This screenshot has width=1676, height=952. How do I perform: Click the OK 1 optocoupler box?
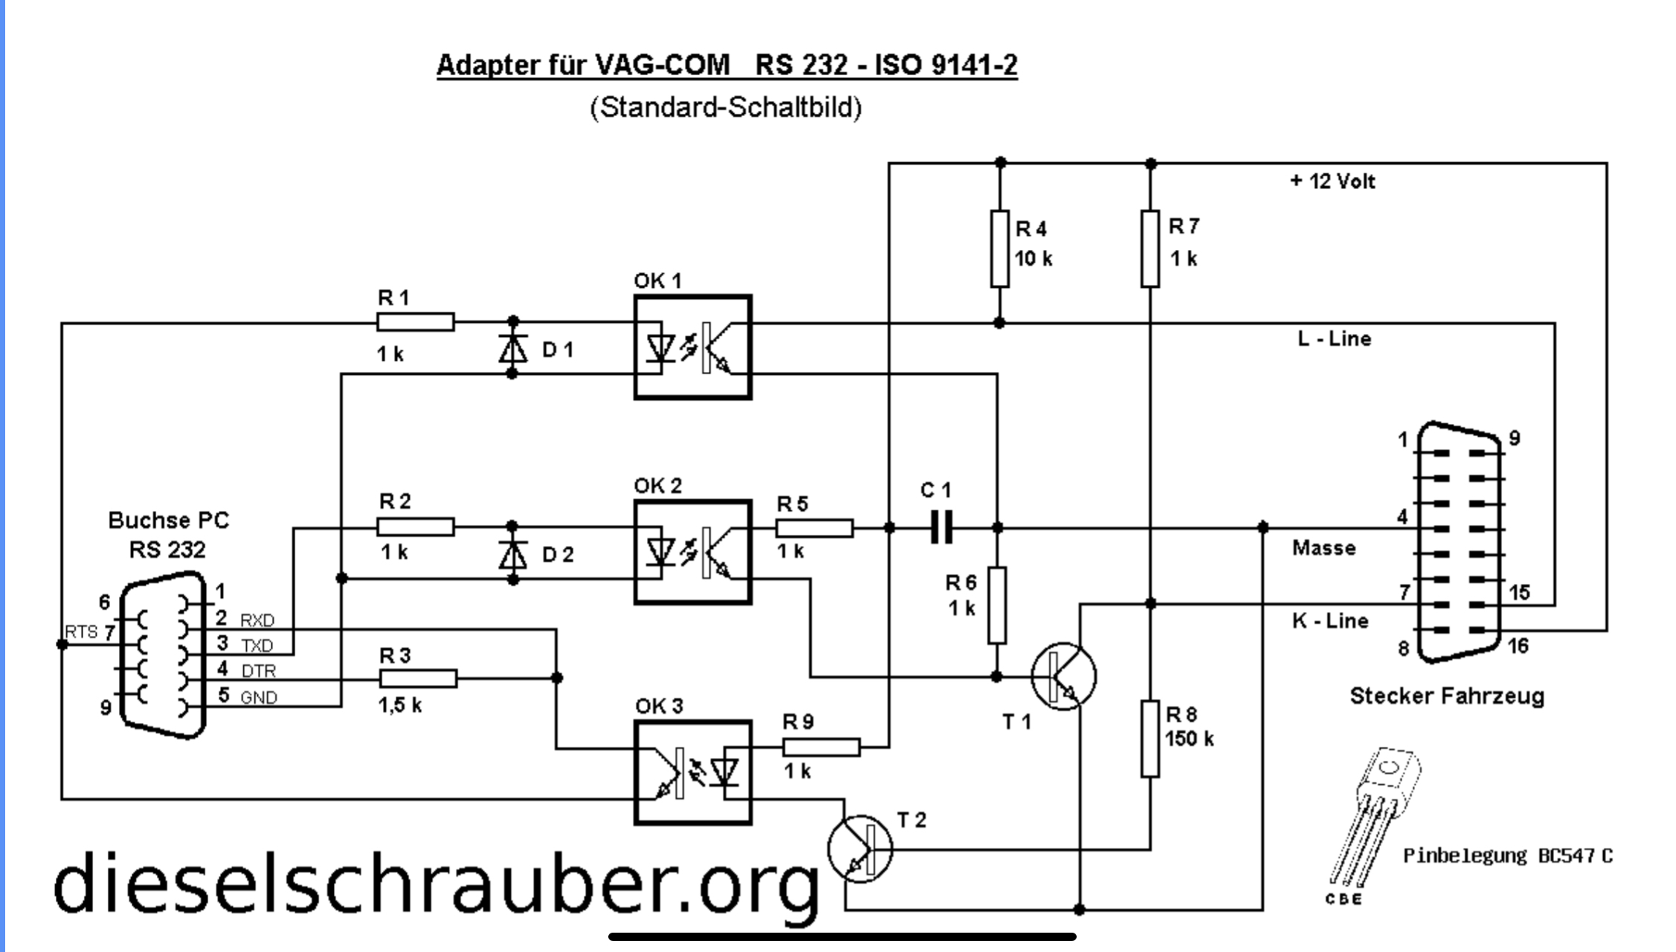tap(692, 347)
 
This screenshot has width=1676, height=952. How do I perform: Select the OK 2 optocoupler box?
tap(692, 552)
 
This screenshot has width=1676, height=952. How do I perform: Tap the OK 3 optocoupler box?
tap(692, 772)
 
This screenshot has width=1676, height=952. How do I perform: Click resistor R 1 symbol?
tap(415, 322)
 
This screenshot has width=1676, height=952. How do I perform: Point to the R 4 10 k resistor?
tap(999, 248)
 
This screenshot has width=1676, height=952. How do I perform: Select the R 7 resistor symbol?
tap(1150, 248)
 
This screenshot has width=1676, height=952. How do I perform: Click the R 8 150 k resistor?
tap(1150, 738)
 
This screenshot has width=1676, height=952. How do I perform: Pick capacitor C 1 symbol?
tap(941, 527)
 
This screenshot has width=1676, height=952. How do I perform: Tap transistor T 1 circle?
tap(1063, 676)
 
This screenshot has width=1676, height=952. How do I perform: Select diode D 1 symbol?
tap(512, 348)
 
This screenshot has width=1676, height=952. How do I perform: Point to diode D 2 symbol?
tap(512, 553)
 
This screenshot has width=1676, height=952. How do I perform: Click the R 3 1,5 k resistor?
tap(418, 678)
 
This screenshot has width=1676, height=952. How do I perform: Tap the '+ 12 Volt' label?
tap(1332, 181)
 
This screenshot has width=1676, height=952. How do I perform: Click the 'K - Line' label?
tap(1329, 621)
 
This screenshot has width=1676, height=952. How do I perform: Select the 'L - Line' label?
tap(1334, 339)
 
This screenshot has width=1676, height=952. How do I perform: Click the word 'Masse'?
tap(1324, 548)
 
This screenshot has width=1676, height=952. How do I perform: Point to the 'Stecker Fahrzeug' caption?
tap(1446, 696)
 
